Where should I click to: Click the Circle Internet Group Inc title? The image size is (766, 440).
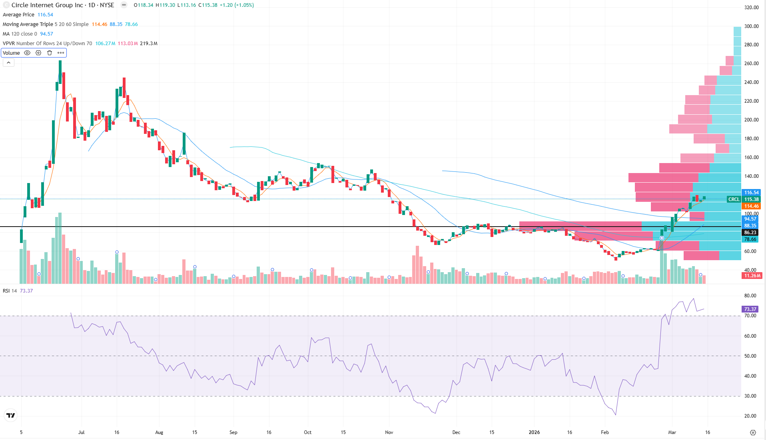(x=47, y=5)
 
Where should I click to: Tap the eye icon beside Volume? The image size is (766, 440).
(x=27, y=53)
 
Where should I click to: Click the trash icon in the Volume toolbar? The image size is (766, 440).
(x=50, y=53)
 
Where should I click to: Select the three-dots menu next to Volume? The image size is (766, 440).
(x=61, y=53)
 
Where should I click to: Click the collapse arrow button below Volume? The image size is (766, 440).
(x=8, y=63)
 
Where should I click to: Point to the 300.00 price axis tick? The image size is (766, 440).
(x=751, y=26)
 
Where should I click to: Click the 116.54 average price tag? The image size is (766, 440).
(x=751, y=193)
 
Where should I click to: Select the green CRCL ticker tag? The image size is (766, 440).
(x=734, y=199)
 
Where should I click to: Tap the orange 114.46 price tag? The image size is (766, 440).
(x=751, y=206)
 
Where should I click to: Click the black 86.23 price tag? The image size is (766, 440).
(x=750, y=233)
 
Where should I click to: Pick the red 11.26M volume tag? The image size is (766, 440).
(x=752, y=276)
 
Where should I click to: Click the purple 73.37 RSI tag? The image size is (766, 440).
(x=750, y=309)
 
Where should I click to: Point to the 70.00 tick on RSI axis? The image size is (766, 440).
(x=750, y=316)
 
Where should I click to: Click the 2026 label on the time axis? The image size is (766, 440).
(x=534, y=432)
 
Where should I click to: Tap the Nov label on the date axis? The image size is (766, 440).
(x=389, y=432)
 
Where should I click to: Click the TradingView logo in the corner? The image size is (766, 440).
(x=11, y=416)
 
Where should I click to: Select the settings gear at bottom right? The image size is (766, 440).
(x=753, y=432)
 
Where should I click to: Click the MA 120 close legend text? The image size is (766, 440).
(x=20, y=34)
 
